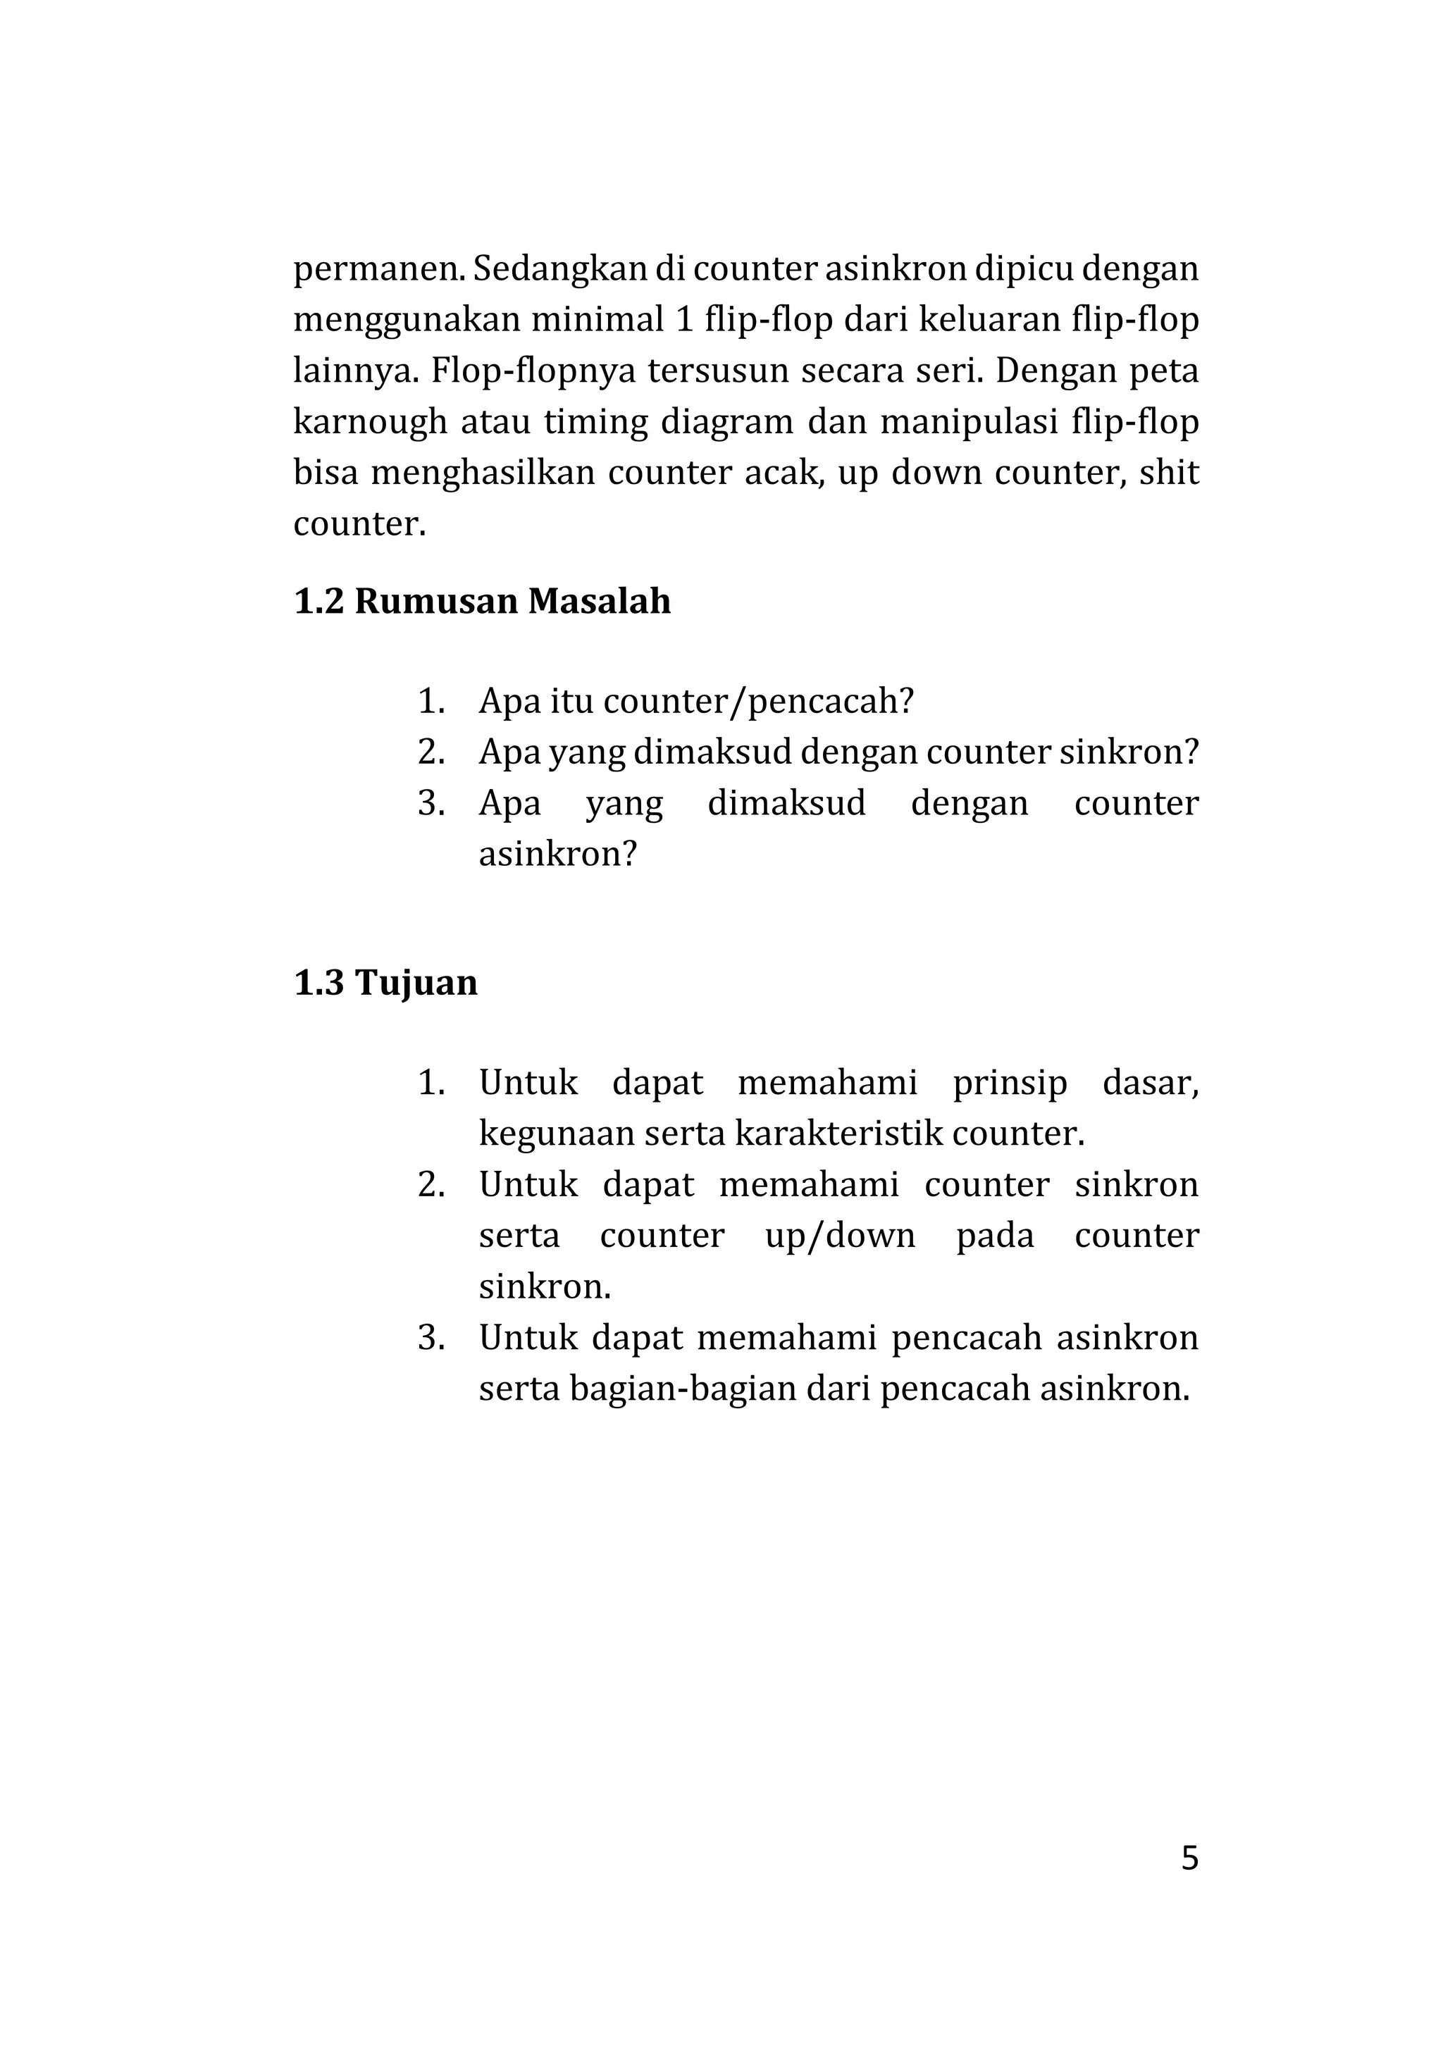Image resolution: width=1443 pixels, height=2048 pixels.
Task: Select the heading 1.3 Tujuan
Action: click(385, 983)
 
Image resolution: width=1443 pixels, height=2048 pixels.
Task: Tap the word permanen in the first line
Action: click(378, 268)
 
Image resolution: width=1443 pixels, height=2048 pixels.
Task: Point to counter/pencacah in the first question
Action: click(758, 702)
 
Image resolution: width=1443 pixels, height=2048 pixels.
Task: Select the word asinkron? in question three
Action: click(558, 855)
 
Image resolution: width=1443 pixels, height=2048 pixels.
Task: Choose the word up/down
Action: click(840, 1236)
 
